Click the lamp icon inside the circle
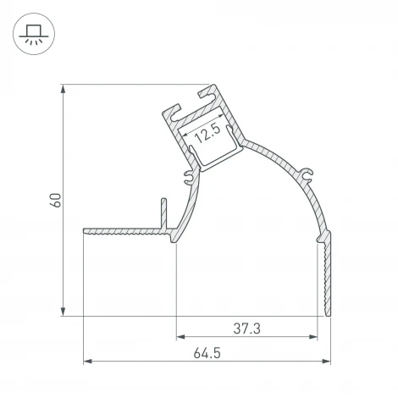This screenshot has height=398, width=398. coord(33,35)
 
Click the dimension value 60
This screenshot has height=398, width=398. coord(55,201)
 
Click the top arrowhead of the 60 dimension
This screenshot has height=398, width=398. coord(64,89)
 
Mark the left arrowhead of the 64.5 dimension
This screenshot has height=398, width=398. coord(87,362)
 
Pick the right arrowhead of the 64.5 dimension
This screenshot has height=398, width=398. coord(326,362)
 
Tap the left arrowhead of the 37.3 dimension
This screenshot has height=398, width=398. coord(180,336)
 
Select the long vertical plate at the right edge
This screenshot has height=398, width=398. coord(326,275)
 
